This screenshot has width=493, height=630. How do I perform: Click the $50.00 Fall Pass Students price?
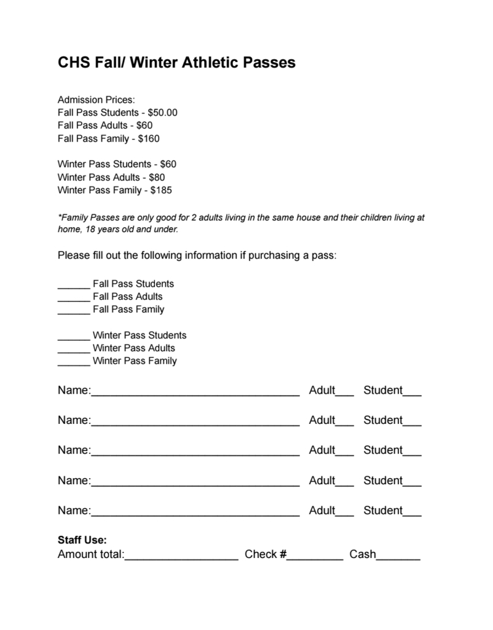click(162, 113)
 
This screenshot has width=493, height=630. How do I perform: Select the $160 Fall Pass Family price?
click(149, 138)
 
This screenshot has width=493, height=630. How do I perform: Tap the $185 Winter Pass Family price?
click(161, 190)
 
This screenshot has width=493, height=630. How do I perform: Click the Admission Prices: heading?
click(96, 100)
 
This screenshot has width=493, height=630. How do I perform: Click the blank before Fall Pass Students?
click(74, 285)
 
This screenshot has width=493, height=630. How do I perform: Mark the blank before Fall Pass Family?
click(74, 311)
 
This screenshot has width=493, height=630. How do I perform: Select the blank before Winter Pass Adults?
click(74, 350)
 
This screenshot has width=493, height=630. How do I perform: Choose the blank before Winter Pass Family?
click(74, 363)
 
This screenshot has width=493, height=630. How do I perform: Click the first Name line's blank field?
click(195, 392)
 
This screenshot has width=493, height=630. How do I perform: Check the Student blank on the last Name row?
click(412, 512)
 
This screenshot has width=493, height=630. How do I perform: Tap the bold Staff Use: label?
click(82, 540)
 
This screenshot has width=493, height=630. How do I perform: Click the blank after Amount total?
click(181, 557)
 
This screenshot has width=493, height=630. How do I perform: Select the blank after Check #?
click(315, 557)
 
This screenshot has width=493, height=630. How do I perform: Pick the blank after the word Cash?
click(398, 557)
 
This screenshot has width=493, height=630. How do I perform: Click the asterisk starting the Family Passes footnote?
click(59, 217)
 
